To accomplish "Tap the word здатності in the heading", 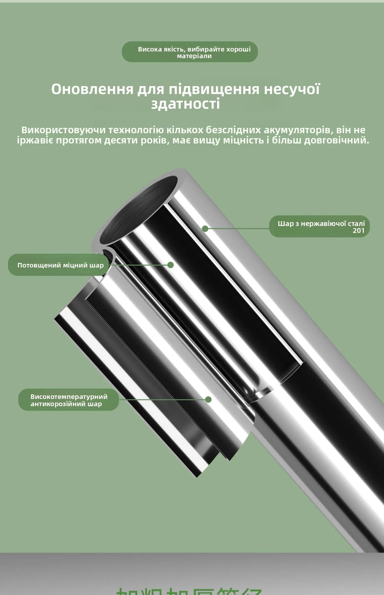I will pyautogui.click(x=185, y=104).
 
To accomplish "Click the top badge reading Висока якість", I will pyautogui.click(x=190, y=52).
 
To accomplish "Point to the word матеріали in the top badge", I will pyautogui.click(x=194, y=56).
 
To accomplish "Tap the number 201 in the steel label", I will pyautogui.click(x=358, y=231).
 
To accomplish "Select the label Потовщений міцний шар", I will pyautogui.click(x=60, y=265).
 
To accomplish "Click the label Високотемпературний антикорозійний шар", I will pyautogui.click(x=69, y=400).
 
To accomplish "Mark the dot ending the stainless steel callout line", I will pyautogui.click(x=205, y=229).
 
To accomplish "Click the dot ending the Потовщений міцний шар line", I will pyautogui.click(x=170, y=265).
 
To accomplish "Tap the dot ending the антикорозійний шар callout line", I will pyautogui.click(x=208, y=399).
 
